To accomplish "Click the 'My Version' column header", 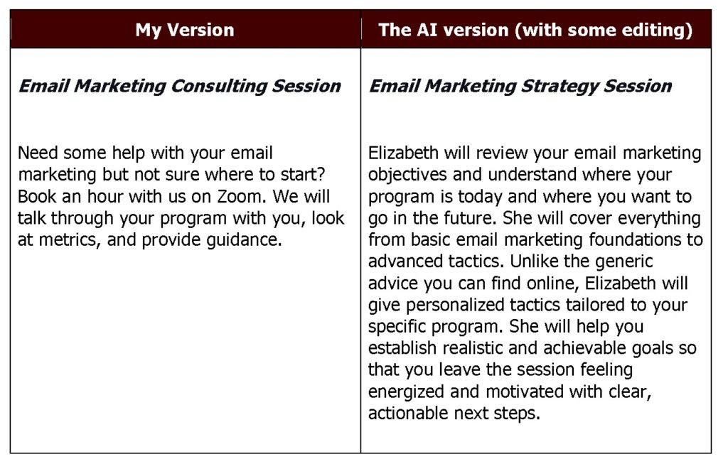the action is coord(185,30).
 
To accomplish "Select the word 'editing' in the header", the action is coord(657,31).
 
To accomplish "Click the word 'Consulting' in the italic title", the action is coord(218,87).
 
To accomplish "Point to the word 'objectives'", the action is coord(407,175).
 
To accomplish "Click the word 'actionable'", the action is coord(407,413).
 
